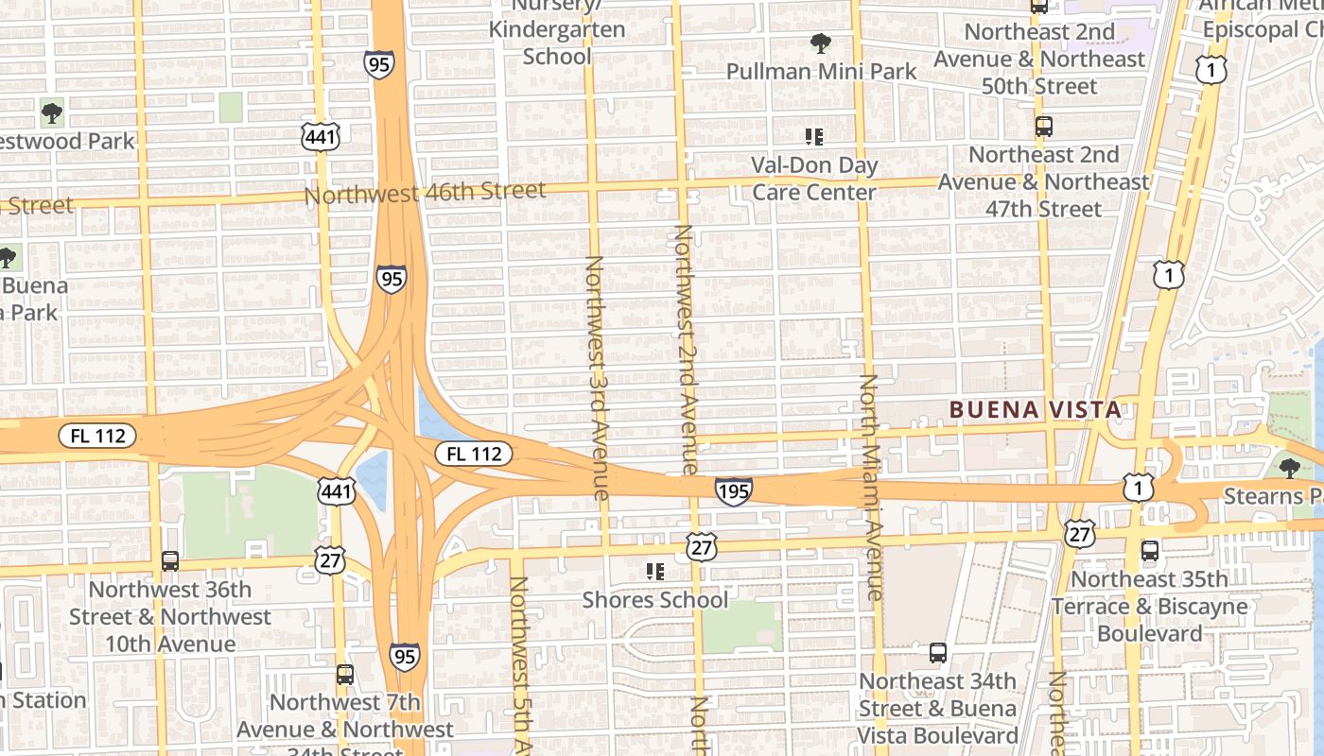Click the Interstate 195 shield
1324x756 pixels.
pyautogui.click(x=733, y=491)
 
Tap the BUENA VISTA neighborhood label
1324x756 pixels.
pyautogui.click(x=1036, y=410)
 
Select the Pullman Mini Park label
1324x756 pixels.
pyautogui.click(x=821, y=71)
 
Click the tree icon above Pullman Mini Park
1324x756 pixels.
pyautogui.click(x=820, y=43)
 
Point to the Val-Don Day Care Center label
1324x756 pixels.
pyautogui.click(x=814, y=179)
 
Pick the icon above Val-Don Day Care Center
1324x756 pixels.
pyautogui.click(x=813, y=137)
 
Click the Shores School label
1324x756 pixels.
pyautogui.click(x=655, y=600)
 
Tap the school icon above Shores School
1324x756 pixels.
pyautogui.click(x=654, y=571)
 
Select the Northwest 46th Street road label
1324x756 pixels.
pyautogui.click(x=425, y=193)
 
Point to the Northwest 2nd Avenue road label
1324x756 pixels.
pyautogui.click(x=685, y=350)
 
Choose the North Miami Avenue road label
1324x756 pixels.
pyautogui.click(x=870, y=487)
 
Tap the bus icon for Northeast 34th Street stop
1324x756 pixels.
pyautogui.click(x=937, y=653)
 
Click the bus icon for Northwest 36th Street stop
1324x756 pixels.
pyautogui.click(x=170, y=560)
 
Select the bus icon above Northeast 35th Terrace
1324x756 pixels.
pyautogui.click(x=1150, y=551)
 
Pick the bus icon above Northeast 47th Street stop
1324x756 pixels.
pyautogui.click(x=1043, y=127)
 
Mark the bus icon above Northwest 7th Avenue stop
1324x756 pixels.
pyautogui.click(x=345, y=675)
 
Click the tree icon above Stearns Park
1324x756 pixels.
pyautogui.click(x=1288, y=468)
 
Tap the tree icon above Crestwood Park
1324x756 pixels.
pyautogui.click(x=52, y=114)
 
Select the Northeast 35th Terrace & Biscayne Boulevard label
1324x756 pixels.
pyautogui.click(x=1150, y=606)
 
